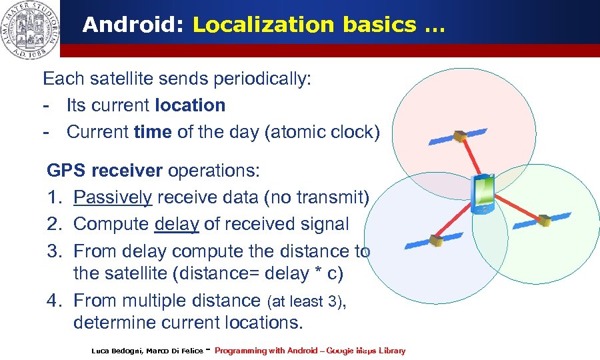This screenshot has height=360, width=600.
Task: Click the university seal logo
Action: click(30, 29)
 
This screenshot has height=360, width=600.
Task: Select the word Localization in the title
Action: click(263, 25)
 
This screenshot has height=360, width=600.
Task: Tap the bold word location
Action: click(190, 105)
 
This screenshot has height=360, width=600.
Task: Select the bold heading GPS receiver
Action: click(104, 171)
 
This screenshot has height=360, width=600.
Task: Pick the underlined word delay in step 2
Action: click(177, 224)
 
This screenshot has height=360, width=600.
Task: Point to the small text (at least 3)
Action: click(305, 301)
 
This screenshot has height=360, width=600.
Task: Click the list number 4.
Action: click(54, 300)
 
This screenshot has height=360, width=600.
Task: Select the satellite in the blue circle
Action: click(435, 239)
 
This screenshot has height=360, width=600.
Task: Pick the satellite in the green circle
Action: click(544, 219)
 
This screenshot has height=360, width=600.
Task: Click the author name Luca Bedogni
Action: click(117, 351)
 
